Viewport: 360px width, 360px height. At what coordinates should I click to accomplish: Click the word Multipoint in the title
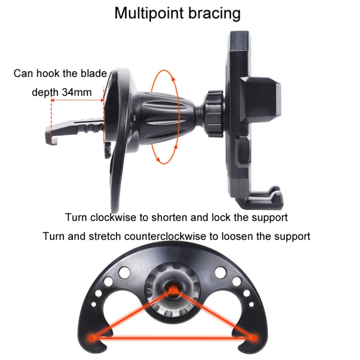click(x=148, y=13)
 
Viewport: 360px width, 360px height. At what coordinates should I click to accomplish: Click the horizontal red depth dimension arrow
click(x=77, y=101)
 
